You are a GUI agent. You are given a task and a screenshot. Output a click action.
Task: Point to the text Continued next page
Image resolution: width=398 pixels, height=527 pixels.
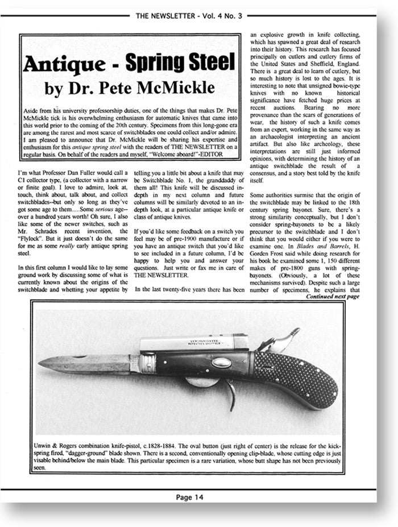(333, 297)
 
